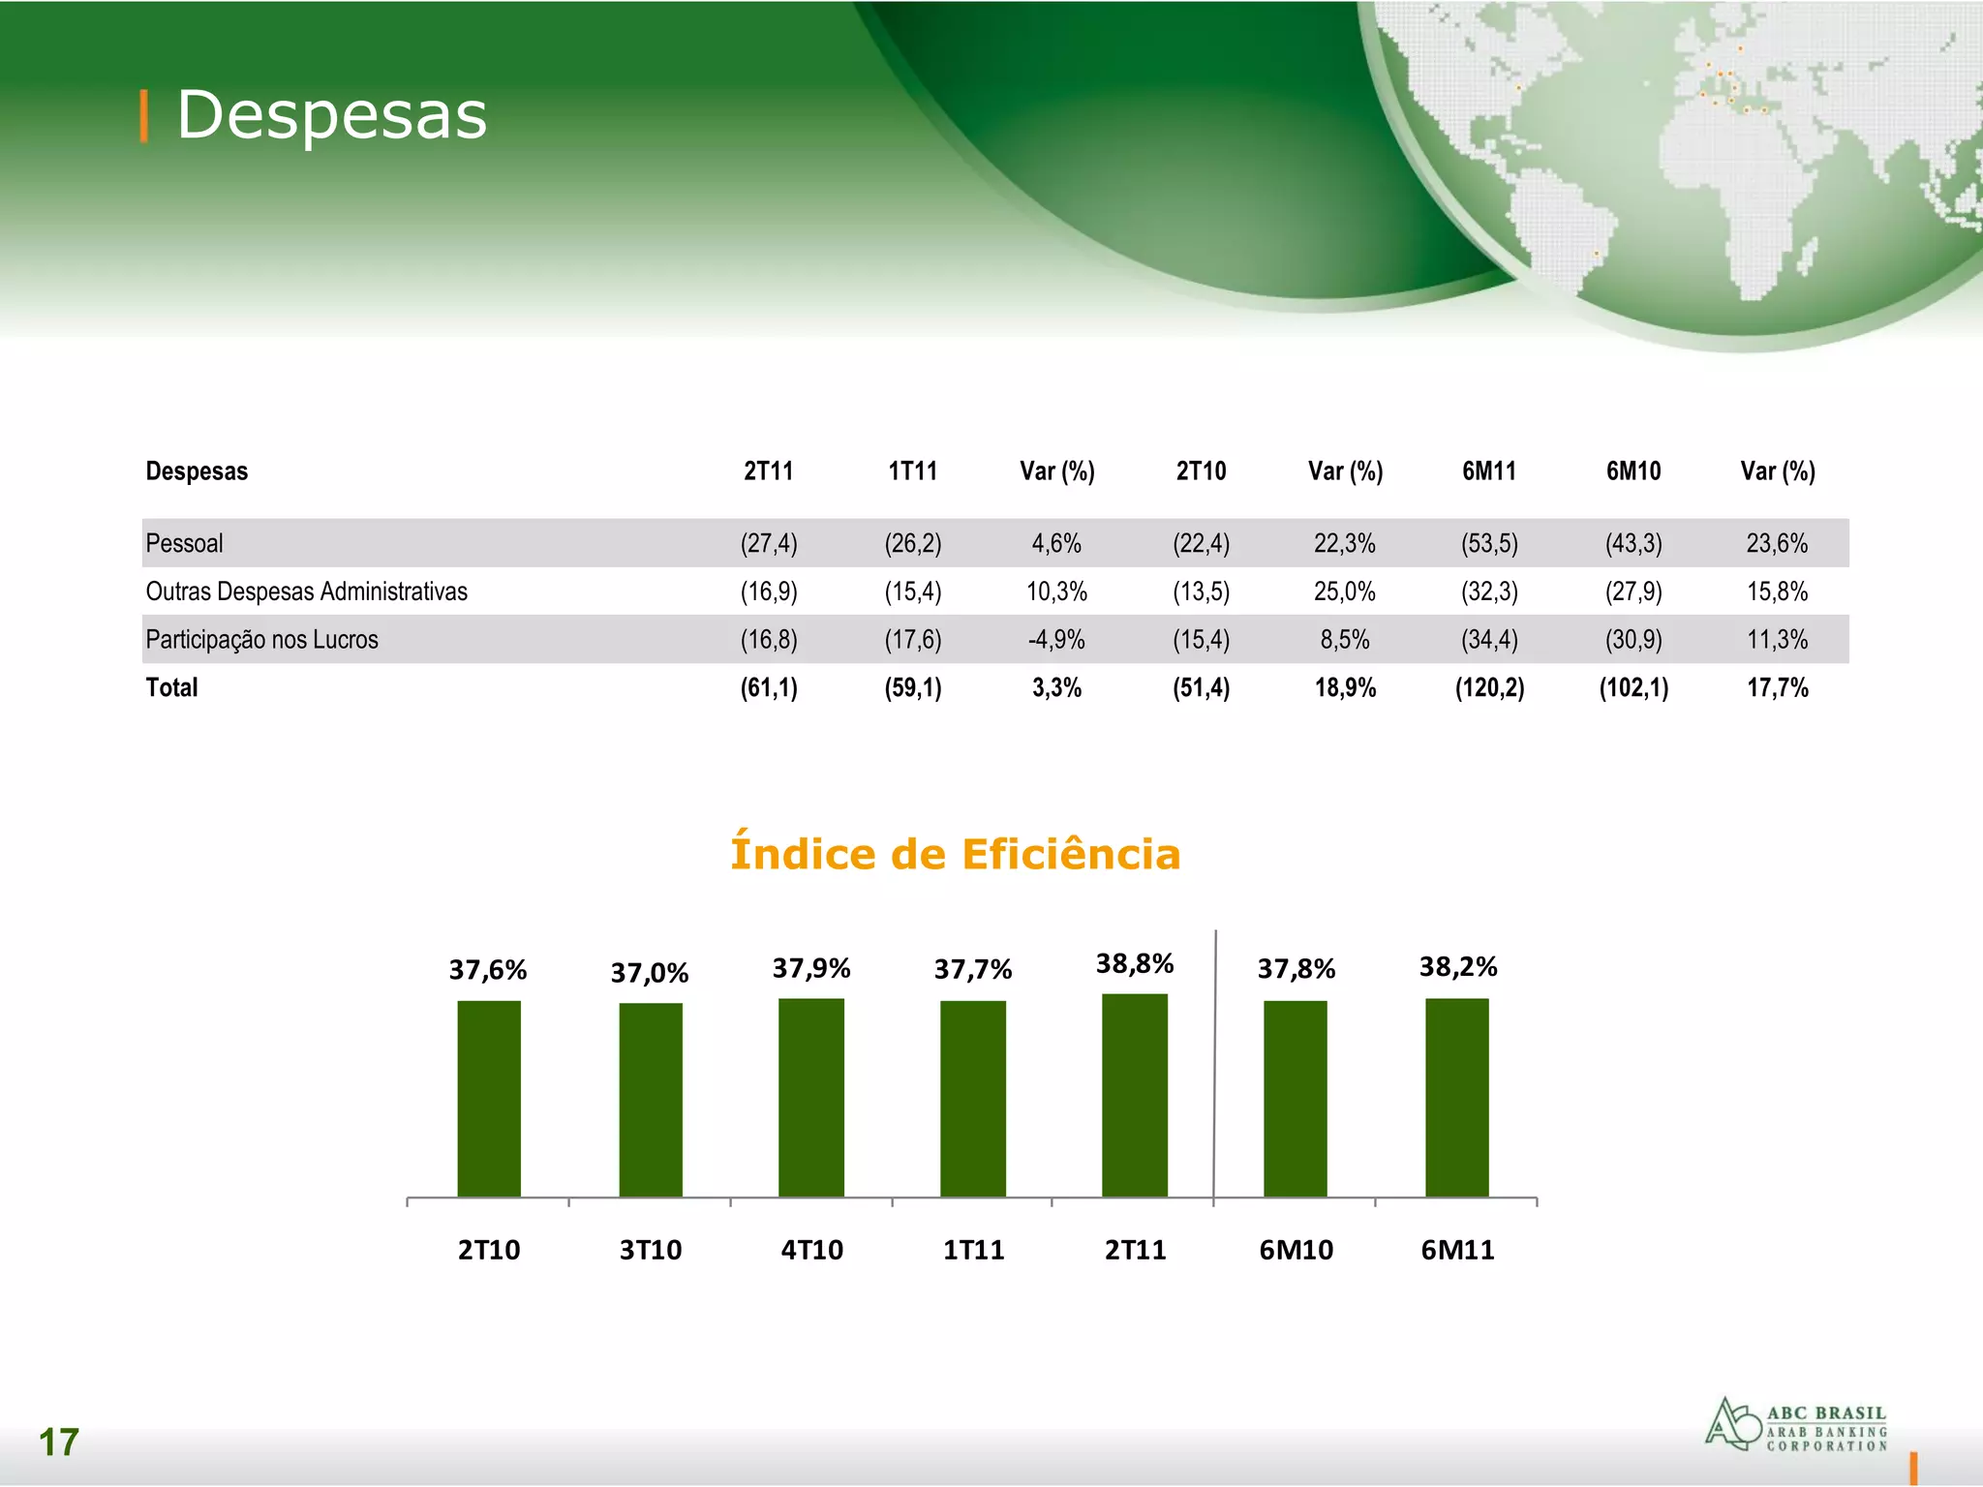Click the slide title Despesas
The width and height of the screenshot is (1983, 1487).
pos(331,115)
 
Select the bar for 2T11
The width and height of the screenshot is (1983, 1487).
pos(1135,1095)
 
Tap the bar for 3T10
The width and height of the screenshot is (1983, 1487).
pos(651,1100)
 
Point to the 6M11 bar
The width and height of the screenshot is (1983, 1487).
pos(1457,1097)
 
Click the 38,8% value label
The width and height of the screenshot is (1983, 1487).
pos(1135,963)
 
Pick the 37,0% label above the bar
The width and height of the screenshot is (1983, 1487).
pos(650,972)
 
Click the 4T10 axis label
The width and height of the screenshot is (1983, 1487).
pos(811,1250)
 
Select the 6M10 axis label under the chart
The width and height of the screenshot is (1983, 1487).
pos(1296,1250)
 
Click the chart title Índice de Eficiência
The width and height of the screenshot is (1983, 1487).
pos(955,854)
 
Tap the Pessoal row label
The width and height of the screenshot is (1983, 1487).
pos(184,543)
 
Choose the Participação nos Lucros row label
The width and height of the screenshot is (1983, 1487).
pos(261,640)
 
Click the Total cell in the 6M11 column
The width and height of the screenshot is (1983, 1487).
pos(1489,687)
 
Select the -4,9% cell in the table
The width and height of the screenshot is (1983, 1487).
pos(1056,640)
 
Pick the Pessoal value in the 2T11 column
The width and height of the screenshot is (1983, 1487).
pos(769,543)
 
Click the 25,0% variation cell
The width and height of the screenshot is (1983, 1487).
pos(1344,592)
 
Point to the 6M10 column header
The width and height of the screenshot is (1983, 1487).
pos(1633,471)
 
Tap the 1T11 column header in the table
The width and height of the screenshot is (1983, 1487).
pos(912,471)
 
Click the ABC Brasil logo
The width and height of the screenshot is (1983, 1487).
pos(1796,1425)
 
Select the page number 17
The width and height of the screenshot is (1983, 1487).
pos(58,1442)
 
